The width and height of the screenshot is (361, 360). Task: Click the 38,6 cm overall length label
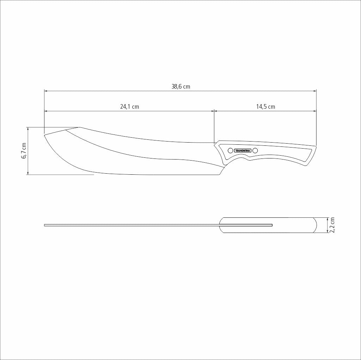(x=180, y=86)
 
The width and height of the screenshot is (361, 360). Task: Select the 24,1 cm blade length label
(x=129, y=107)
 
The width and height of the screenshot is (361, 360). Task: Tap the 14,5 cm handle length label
(x=265, y=107)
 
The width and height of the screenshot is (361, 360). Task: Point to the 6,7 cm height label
(x=24, y=151)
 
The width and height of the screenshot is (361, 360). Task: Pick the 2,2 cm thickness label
(x=332, y=225)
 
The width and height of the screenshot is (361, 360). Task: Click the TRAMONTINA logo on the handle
(x=243, y=151)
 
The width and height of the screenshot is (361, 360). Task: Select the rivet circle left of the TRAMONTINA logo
(x=230, y=151)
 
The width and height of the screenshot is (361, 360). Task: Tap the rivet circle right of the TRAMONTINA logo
(x=255, y=151)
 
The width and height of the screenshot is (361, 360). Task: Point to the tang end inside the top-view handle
(x=271, y=225)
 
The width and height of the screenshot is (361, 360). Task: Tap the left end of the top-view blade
(x=45, y=225)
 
